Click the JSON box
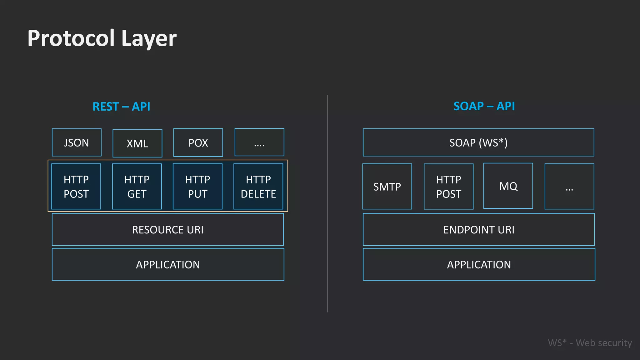click(x=77, y=142)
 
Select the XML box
click(x=137, y=143)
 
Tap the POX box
click(x=198, y=142)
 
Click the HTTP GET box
click(x=137, y=187)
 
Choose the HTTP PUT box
click(x=197, y=187)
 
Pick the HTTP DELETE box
click(x=258, y=187)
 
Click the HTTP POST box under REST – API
click(x=76, y=187)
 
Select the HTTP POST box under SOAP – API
click(x=448, y=187)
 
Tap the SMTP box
click(x=387, y=187)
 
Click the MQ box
click(x=508, y=186)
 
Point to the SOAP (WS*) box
click(x=478, y=142)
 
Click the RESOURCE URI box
click(x=168, y=230)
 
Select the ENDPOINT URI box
click(x=479, y=230)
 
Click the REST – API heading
click(x=121, y=107)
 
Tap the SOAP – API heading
click(x=484, y=106)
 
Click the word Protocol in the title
click(x=71, y=38)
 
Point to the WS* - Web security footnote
click(x=590, y=343)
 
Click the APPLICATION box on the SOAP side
click(x=479, y=265)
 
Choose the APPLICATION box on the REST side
click(x=168, y=265)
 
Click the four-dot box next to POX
click(x=259, y=142)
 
